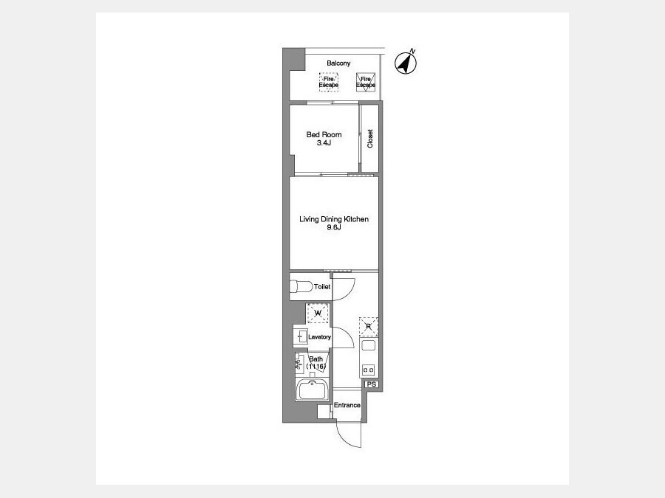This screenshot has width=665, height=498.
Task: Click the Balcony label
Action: pos(338,63)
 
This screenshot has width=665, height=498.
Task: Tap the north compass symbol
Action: pos(406,63)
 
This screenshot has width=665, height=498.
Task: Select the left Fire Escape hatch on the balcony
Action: pos(329,82)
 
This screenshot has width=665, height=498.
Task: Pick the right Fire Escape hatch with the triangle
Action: pos(366,82)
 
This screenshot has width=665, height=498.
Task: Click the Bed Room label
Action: pos(324,135)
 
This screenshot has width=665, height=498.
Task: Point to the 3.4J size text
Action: pos(324,143)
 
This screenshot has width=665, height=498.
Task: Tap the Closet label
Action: pos(370,139)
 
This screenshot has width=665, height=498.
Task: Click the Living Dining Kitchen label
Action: pos(334,219)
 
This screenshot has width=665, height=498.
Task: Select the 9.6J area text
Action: pos(334,227)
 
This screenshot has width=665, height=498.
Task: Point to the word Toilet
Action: pos(322,287)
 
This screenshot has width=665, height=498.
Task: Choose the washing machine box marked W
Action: pos(318,314)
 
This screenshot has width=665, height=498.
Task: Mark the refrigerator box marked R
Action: pos(368,327)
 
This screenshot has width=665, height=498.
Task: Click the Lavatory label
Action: pos(319,337)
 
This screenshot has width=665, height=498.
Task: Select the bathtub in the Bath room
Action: pos(313,390)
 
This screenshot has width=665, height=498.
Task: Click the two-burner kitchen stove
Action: pos(368,370)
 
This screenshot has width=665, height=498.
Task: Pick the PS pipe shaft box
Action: pos(372,384)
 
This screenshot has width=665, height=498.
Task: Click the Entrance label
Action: pos(347,405)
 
